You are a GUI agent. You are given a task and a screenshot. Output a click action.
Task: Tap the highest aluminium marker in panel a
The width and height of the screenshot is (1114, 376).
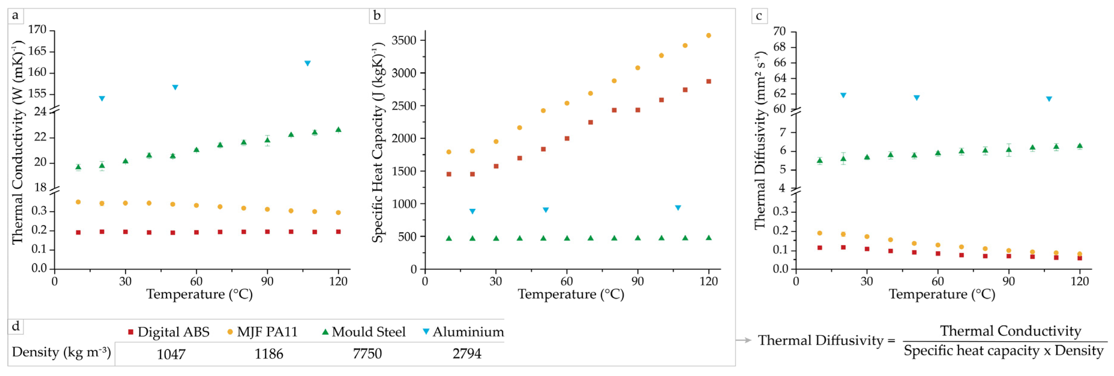(307, 63)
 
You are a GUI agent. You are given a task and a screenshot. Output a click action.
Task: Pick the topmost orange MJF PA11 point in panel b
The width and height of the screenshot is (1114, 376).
(708, 35)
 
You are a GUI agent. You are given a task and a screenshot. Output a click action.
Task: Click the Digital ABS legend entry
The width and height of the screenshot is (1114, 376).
(168, 332)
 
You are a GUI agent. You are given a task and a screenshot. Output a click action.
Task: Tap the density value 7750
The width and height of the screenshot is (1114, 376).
(367, 354)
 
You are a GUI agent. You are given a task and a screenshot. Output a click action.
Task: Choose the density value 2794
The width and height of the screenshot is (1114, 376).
(467, 354)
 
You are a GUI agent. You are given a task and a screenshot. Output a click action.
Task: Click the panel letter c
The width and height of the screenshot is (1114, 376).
(759, 16)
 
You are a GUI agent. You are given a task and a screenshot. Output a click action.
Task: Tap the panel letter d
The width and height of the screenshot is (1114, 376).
(16, 326)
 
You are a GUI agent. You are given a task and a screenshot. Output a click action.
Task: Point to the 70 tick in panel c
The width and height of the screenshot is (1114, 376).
(779, 31)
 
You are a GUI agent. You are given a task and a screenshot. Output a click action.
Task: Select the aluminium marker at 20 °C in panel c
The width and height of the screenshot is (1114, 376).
(843, 95)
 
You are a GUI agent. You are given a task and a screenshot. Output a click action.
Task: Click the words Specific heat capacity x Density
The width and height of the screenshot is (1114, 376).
(1003, 351)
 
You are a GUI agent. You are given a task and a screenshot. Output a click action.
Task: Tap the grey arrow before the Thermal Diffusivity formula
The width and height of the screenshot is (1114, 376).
(743, 340)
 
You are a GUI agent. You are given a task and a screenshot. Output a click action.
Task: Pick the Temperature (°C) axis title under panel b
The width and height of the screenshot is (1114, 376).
(571, 294)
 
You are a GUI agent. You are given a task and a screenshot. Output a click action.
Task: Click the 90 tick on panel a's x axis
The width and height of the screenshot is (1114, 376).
(267, 281)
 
